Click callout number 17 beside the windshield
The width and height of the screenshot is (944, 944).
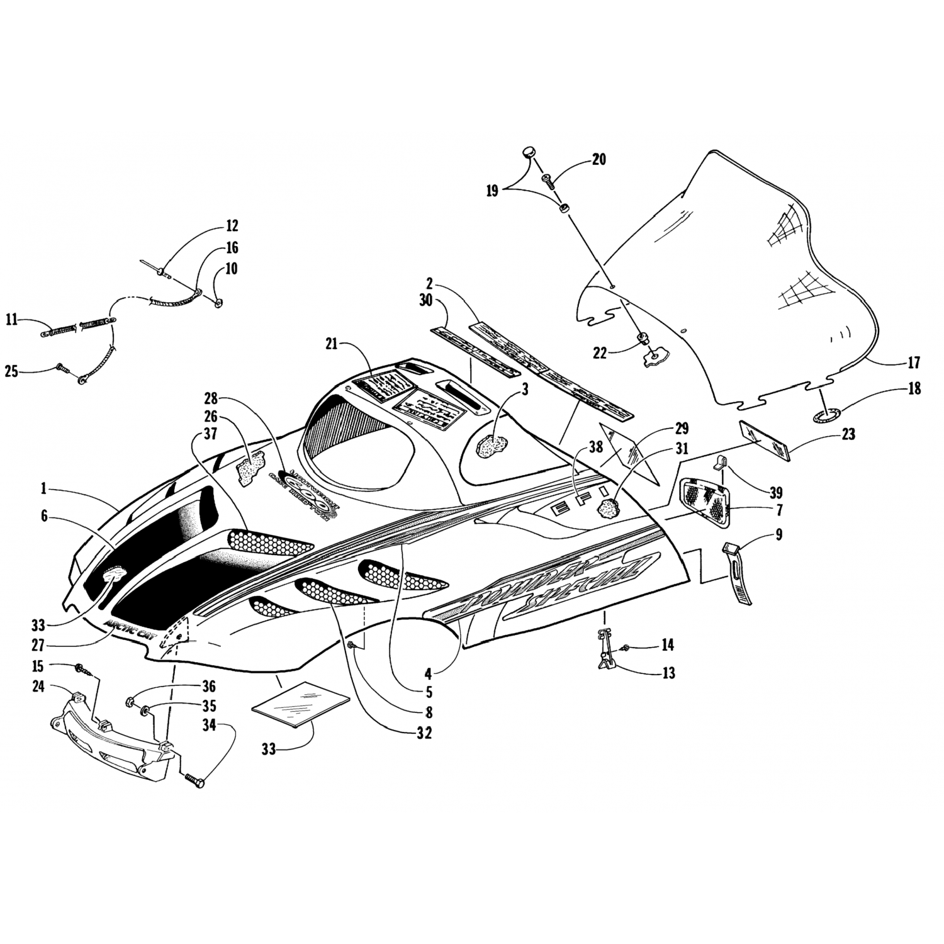pos(914,363)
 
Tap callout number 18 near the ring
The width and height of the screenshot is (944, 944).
pos(914,389)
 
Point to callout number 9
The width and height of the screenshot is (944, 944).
pos(778,535)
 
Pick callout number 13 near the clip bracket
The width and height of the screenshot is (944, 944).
pos(668,673)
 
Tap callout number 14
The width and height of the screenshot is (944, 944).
pos(667,644)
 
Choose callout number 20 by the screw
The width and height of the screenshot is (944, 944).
pos(598,159)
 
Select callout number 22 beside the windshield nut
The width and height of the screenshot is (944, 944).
pos(599,353)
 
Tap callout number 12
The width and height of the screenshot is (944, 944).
pos(232,225)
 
